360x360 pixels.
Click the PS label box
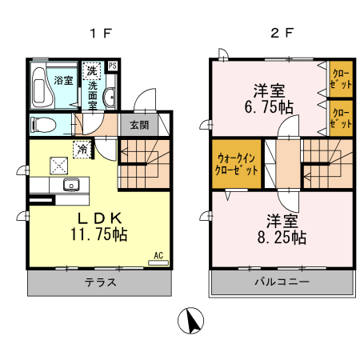click(x=113, y=66)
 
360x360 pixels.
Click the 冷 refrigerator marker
click(x=82, y=147)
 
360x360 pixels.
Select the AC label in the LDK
click(x=158, y=255)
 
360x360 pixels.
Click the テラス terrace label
click(x=102, y=282)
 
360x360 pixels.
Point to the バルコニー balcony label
click(x=282, y=282)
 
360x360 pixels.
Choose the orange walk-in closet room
click(x=236, y=165)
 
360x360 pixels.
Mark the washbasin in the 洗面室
click(x=110, y=98)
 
